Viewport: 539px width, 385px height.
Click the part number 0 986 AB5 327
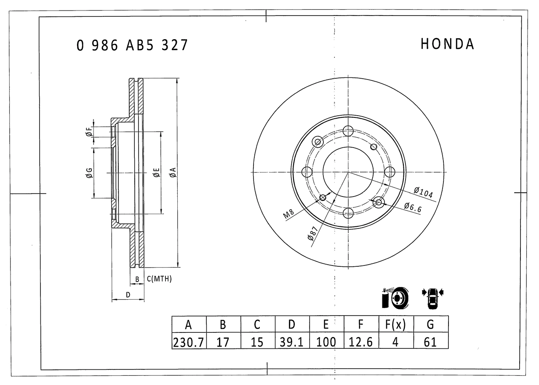[132, 45]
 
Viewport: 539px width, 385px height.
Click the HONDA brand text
[447, 44]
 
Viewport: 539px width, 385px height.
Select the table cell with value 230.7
[189, 342]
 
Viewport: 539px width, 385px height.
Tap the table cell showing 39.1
[292, 342]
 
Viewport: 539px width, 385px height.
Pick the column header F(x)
[395, 325]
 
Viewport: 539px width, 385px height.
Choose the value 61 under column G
[430, 342]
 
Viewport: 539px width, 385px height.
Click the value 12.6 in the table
[361, 342]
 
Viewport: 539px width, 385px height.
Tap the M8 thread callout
[289, 214]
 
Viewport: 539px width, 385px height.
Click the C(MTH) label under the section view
[159, 279]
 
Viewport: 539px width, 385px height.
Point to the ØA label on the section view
[173, 172]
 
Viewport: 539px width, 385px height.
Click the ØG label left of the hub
[89, 173]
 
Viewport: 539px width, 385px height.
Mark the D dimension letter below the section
[128, 295]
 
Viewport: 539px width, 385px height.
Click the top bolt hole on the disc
[348, 130]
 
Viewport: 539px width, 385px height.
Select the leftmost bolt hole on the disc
[307, 172]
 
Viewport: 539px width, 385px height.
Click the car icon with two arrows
[432, 298]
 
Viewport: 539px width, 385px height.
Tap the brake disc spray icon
[395, 298]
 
